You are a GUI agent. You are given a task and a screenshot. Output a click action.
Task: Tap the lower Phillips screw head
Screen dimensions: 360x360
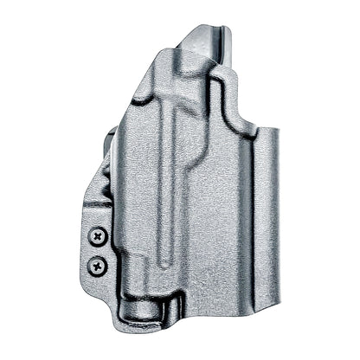pyautogui.click(x=100, y=264)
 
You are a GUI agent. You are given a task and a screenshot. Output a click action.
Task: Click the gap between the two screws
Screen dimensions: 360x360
pyautogui.click(x=100, y=249)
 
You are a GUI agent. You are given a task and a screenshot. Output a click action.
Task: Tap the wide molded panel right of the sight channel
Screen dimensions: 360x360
pyautogui.click(x=216, y=216)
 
